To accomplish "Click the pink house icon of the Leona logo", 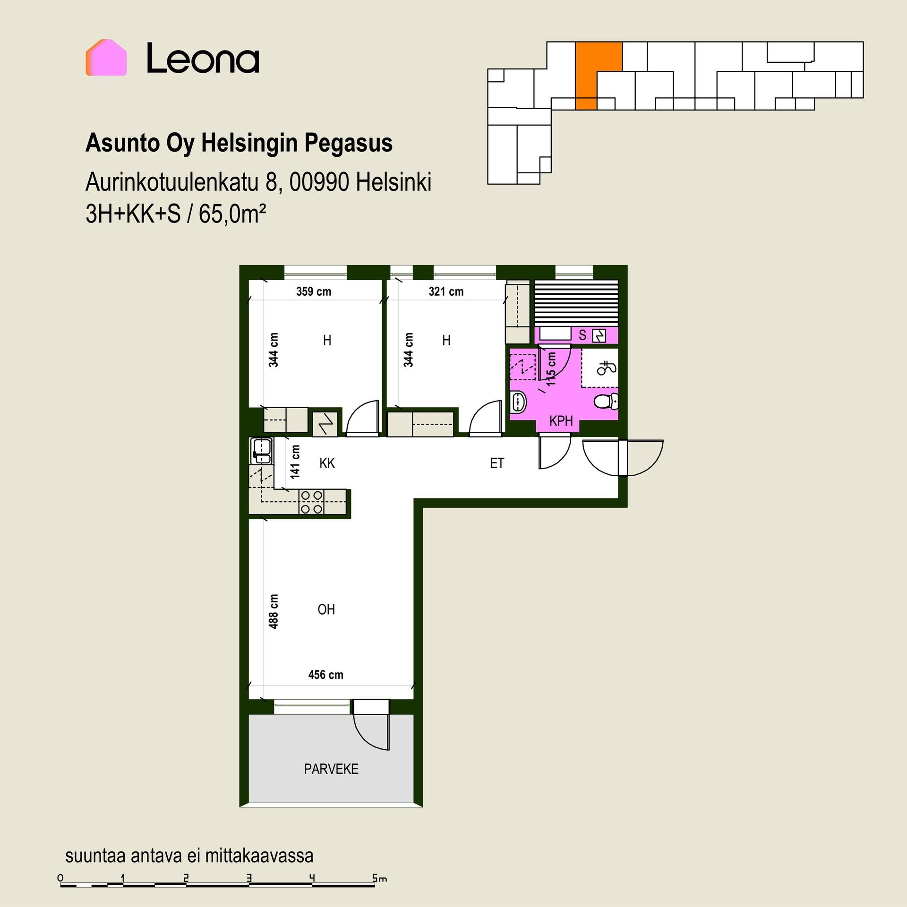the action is [x=106, y=58].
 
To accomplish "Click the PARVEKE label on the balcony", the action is [x=331, y=769].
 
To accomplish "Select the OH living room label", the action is [x=326, y=610].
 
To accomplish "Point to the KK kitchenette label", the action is [x=327, y=463].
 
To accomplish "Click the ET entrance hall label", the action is [x=497, y=463].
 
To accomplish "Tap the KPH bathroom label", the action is [x=561, y=421].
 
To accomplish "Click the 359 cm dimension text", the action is [x=314, y=291].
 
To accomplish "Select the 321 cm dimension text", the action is [x=446, y=291].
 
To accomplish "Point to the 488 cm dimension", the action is [x=273, y=611].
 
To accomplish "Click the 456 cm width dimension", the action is [x=326, y=675].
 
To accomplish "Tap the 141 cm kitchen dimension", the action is [x=295, y=462].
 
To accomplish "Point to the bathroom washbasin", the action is [x=519, y=402].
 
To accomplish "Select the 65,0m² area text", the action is [x=232, y=214].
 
